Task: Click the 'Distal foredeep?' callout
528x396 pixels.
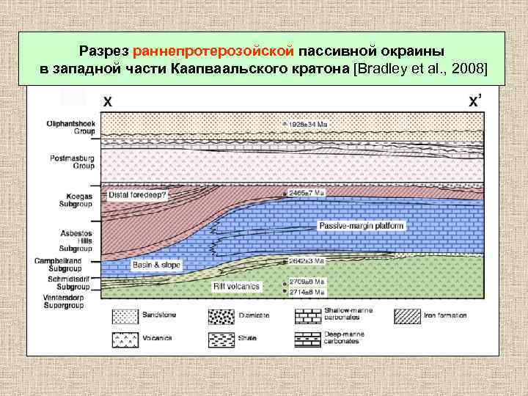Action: pos(139,196)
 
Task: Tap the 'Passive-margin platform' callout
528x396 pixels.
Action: pos(362,227)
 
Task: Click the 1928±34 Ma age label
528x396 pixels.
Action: pos(310,125)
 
